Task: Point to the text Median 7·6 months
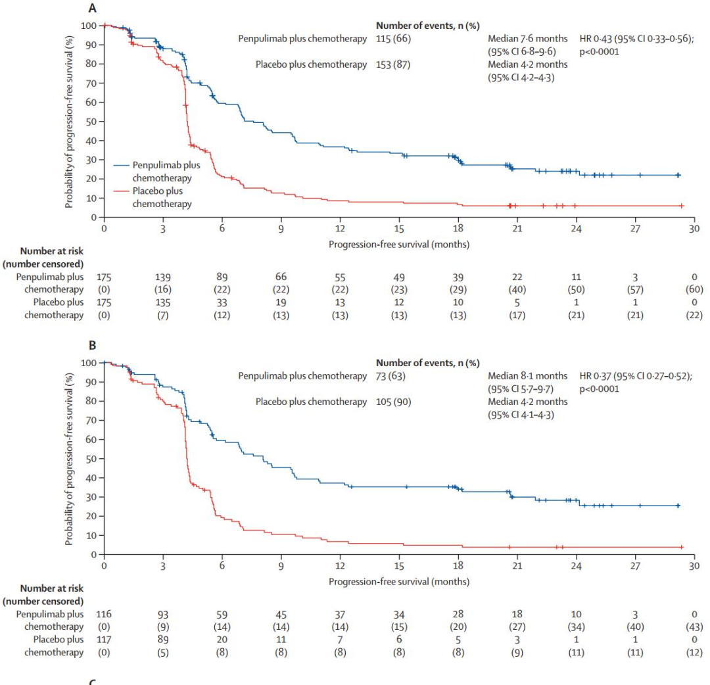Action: pyautogui.click(x=527, y=39)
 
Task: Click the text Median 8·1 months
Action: pyautogui.click(x=527, y=376)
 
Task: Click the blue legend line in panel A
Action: pyautogui.click(x=121, y=165)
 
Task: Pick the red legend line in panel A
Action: pyautogui.click(x=121, y=191)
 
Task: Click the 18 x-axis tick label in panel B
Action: pyautogui.click(x=458, y=566)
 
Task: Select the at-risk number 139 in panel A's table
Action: pyautogui.click(x=163, y=277)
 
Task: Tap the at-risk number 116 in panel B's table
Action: pyautogui.click(x=104, y=615)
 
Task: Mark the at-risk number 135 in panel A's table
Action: pyautogui.click(x=163, y=302)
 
